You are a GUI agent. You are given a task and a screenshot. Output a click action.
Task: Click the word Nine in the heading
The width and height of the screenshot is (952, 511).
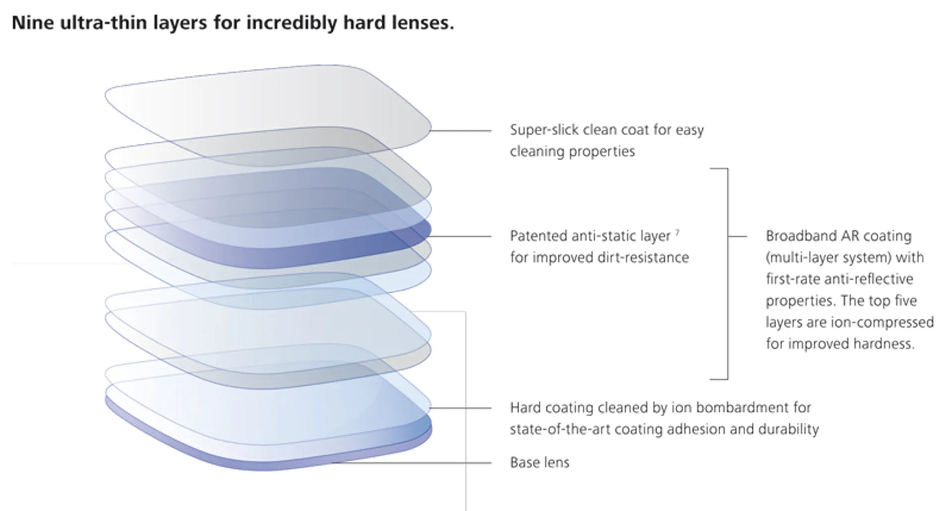point(33,22)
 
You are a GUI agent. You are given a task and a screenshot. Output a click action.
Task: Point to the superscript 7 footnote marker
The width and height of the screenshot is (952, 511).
point(677,232)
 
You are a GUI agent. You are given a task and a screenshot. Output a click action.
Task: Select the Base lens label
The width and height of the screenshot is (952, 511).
point(540,462)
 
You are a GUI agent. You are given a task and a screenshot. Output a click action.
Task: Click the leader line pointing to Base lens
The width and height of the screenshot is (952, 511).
point(411,462)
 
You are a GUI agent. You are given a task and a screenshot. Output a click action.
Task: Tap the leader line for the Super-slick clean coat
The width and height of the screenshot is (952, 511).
point(461,131)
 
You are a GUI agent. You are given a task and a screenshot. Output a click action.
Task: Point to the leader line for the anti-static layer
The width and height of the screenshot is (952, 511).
point(461,236)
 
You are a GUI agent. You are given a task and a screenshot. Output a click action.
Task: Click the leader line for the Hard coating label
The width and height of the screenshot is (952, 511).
point(461,408)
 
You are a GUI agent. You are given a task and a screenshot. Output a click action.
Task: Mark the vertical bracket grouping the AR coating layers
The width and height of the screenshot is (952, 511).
point(727,274)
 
